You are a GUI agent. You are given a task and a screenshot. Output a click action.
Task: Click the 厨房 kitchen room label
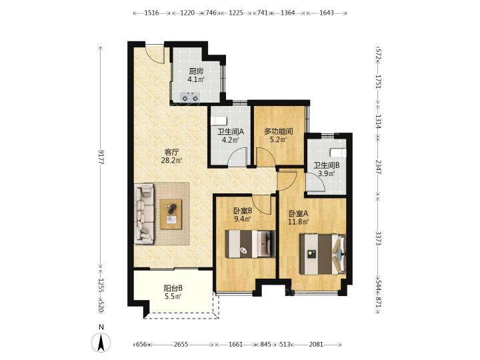click(196, 71)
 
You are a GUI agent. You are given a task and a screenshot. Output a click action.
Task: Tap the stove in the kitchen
click(190, 97)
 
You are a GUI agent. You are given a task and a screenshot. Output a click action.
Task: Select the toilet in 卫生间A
click(219, 121)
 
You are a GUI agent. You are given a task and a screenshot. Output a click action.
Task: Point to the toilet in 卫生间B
click(338, 152)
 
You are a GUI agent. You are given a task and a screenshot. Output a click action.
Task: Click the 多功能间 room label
click(279, 132)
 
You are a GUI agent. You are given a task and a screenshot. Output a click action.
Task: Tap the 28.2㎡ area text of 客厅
click(172, 160)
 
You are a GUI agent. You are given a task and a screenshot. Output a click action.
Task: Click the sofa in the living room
click(144, 214)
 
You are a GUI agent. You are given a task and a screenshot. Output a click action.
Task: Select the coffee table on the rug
click(171, 214)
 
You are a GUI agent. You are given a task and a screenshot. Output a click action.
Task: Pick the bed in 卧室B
click(250, 244)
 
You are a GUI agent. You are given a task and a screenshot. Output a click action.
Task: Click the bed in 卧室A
click(323, 254)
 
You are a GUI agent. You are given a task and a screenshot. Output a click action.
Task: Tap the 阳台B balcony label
click(173, 288)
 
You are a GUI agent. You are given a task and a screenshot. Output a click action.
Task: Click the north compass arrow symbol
click(101, 343)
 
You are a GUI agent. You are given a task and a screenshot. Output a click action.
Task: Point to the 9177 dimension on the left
click(101, 157)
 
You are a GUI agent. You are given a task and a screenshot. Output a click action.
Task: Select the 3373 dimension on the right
click(378, 238)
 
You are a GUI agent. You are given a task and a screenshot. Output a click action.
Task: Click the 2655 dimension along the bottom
click(181, 345)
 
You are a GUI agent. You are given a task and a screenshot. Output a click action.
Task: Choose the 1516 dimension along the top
click(151, 13)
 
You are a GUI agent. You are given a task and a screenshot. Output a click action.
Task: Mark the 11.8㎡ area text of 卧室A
click(299, 221)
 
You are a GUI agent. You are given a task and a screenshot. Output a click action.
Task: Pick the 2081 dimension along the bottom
click(316, 345)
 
